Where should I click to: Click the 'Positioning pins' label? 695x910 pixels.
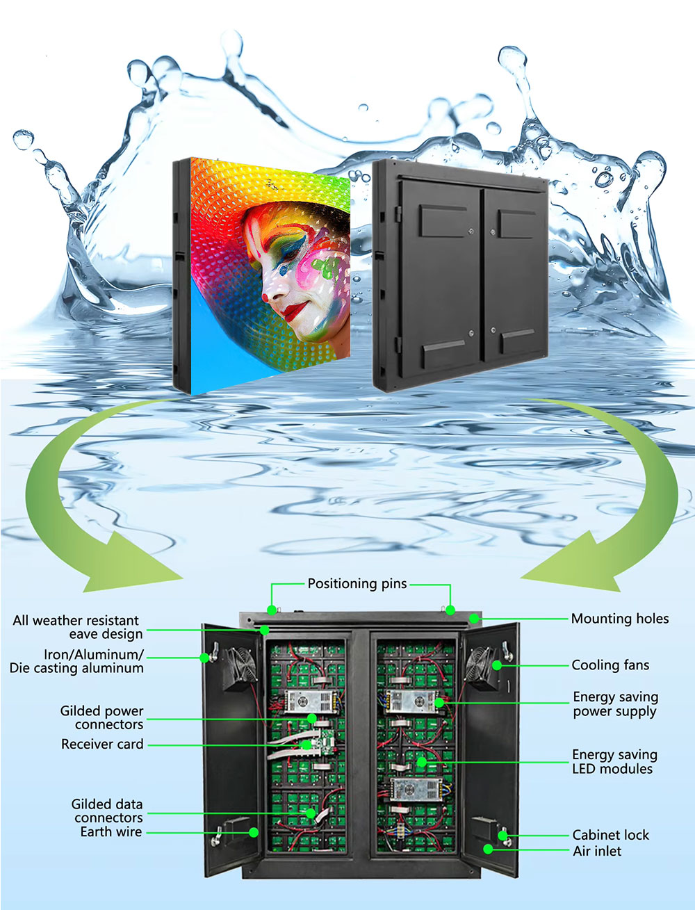point(357,584)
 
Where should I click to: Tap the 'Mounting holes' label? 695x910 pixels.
point(620,619)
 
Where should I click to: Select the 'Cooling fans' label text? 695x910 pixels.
point(610,665)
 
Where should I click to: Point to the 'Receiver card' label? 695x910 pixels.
point(102,744)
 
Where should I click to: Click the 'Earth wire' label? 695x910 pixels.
point(111,831)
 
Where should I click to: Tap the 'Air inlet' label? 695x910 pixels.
point(597,851)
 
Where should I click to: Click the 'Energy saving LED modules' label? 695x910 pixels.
point(614,762)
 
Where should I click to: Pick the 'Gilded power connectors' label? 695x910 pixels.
point(102,717)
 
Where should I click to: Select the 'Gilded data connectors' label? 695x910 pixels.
point(107,811)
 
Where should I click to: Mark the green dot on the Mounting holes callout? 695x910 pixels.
point(474,619)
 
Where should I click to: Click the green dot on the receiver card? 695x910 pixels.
point(306,745)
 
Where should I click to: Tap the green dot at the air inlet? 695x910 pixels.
point(488,850)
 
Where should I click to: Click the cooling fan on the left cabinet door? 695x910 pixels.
point(240,668)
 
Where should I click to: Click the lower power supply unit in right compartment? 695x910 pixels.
point(416,789)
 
